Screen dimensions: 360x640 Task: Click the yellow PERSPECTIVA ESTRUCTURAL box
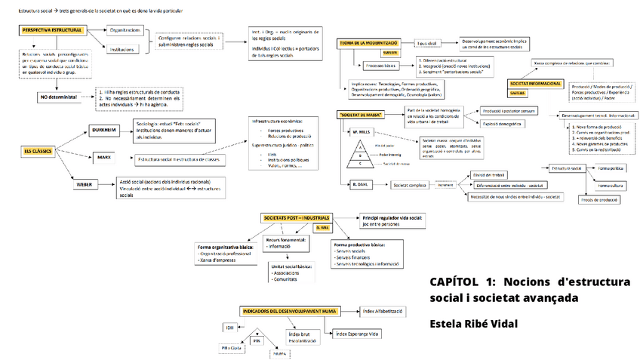[x=51, y=30]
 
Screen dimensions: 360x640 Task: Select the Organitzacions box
[x=125, y=30]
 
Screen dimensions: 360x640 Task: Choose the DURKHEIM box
[x=103, y=130]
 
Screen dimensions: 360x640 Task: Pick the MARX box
[x=104, y=158]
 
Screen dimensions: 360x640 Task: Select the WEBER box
[x=84, y=184]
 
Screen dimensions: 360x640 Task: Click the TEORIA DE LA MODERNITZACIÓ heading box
[x=370, y=45]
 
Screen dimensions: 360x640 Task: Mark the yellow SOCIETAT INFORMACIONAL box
[x=536, y=82]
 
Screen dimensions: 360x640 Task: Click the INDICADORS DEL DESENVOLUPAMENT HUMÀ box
[x=290, y=310]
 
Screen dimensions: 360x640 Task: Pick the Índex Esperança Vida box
[x=358, y=333]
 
